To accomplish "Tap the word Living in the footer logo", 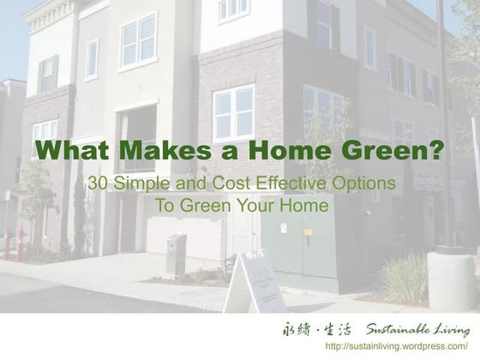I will (x=451, y=329).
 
